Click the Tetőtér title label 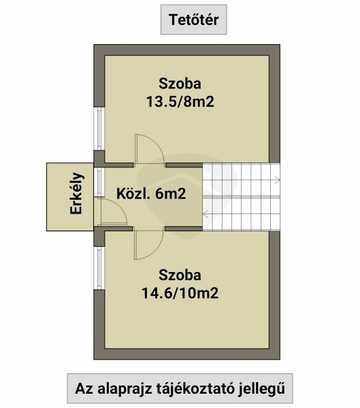(193, 20)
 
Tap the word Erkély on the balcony (76, 193)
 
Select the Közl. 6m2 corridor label (151, 194)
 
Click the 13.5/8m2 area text (180, 101)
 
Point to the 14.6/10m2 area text (180, 293)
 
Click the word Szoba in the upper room (180, 84)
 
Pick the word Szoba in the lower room (180, 275)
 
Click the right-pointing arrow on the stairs (277, 180)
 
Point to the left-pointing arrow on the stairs (206, 214)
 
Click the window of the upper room (99, 129)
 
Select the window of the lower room (99, 269)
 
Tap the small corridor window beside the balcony (99, 182)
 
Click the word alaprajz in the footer (125, 389)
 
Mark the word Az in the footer (84, 389)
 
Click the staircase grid (241, 197)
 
